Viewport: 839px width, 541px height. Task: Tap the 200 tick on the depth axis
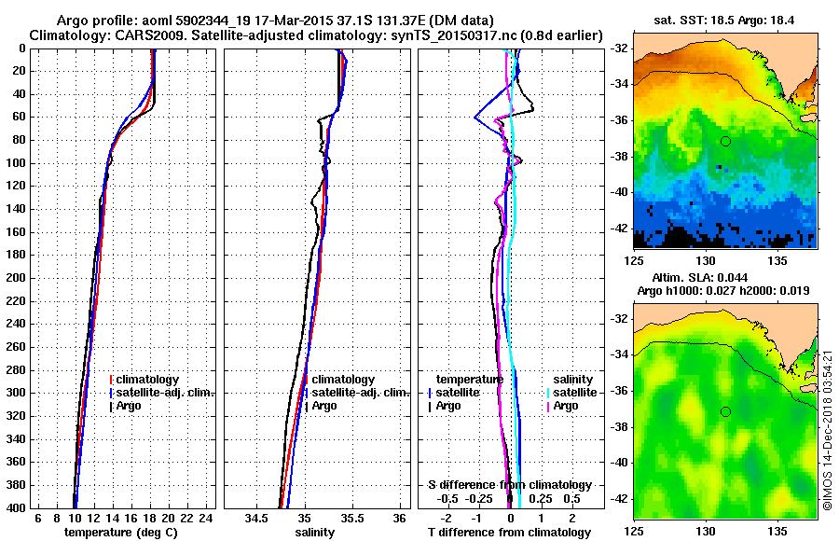coord(17,278)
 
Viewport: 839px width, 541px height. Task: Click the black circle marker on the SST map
coord(725,141)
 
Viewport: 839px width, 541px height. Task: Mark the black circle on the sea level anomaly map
coord(725,411)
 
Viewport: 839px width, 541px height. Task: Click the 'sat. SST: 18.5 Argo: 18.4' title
coord(725,20)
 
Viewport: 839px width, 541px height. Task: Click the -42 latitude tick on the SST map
coord(617,227)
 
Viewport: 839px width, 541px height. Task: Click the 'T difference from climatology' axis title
coord(509,532)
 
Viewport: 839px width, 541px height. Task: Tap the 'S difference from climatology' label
coord(509,485)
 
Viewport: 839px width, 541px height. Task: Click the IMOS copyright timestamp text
coord(828,429)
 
